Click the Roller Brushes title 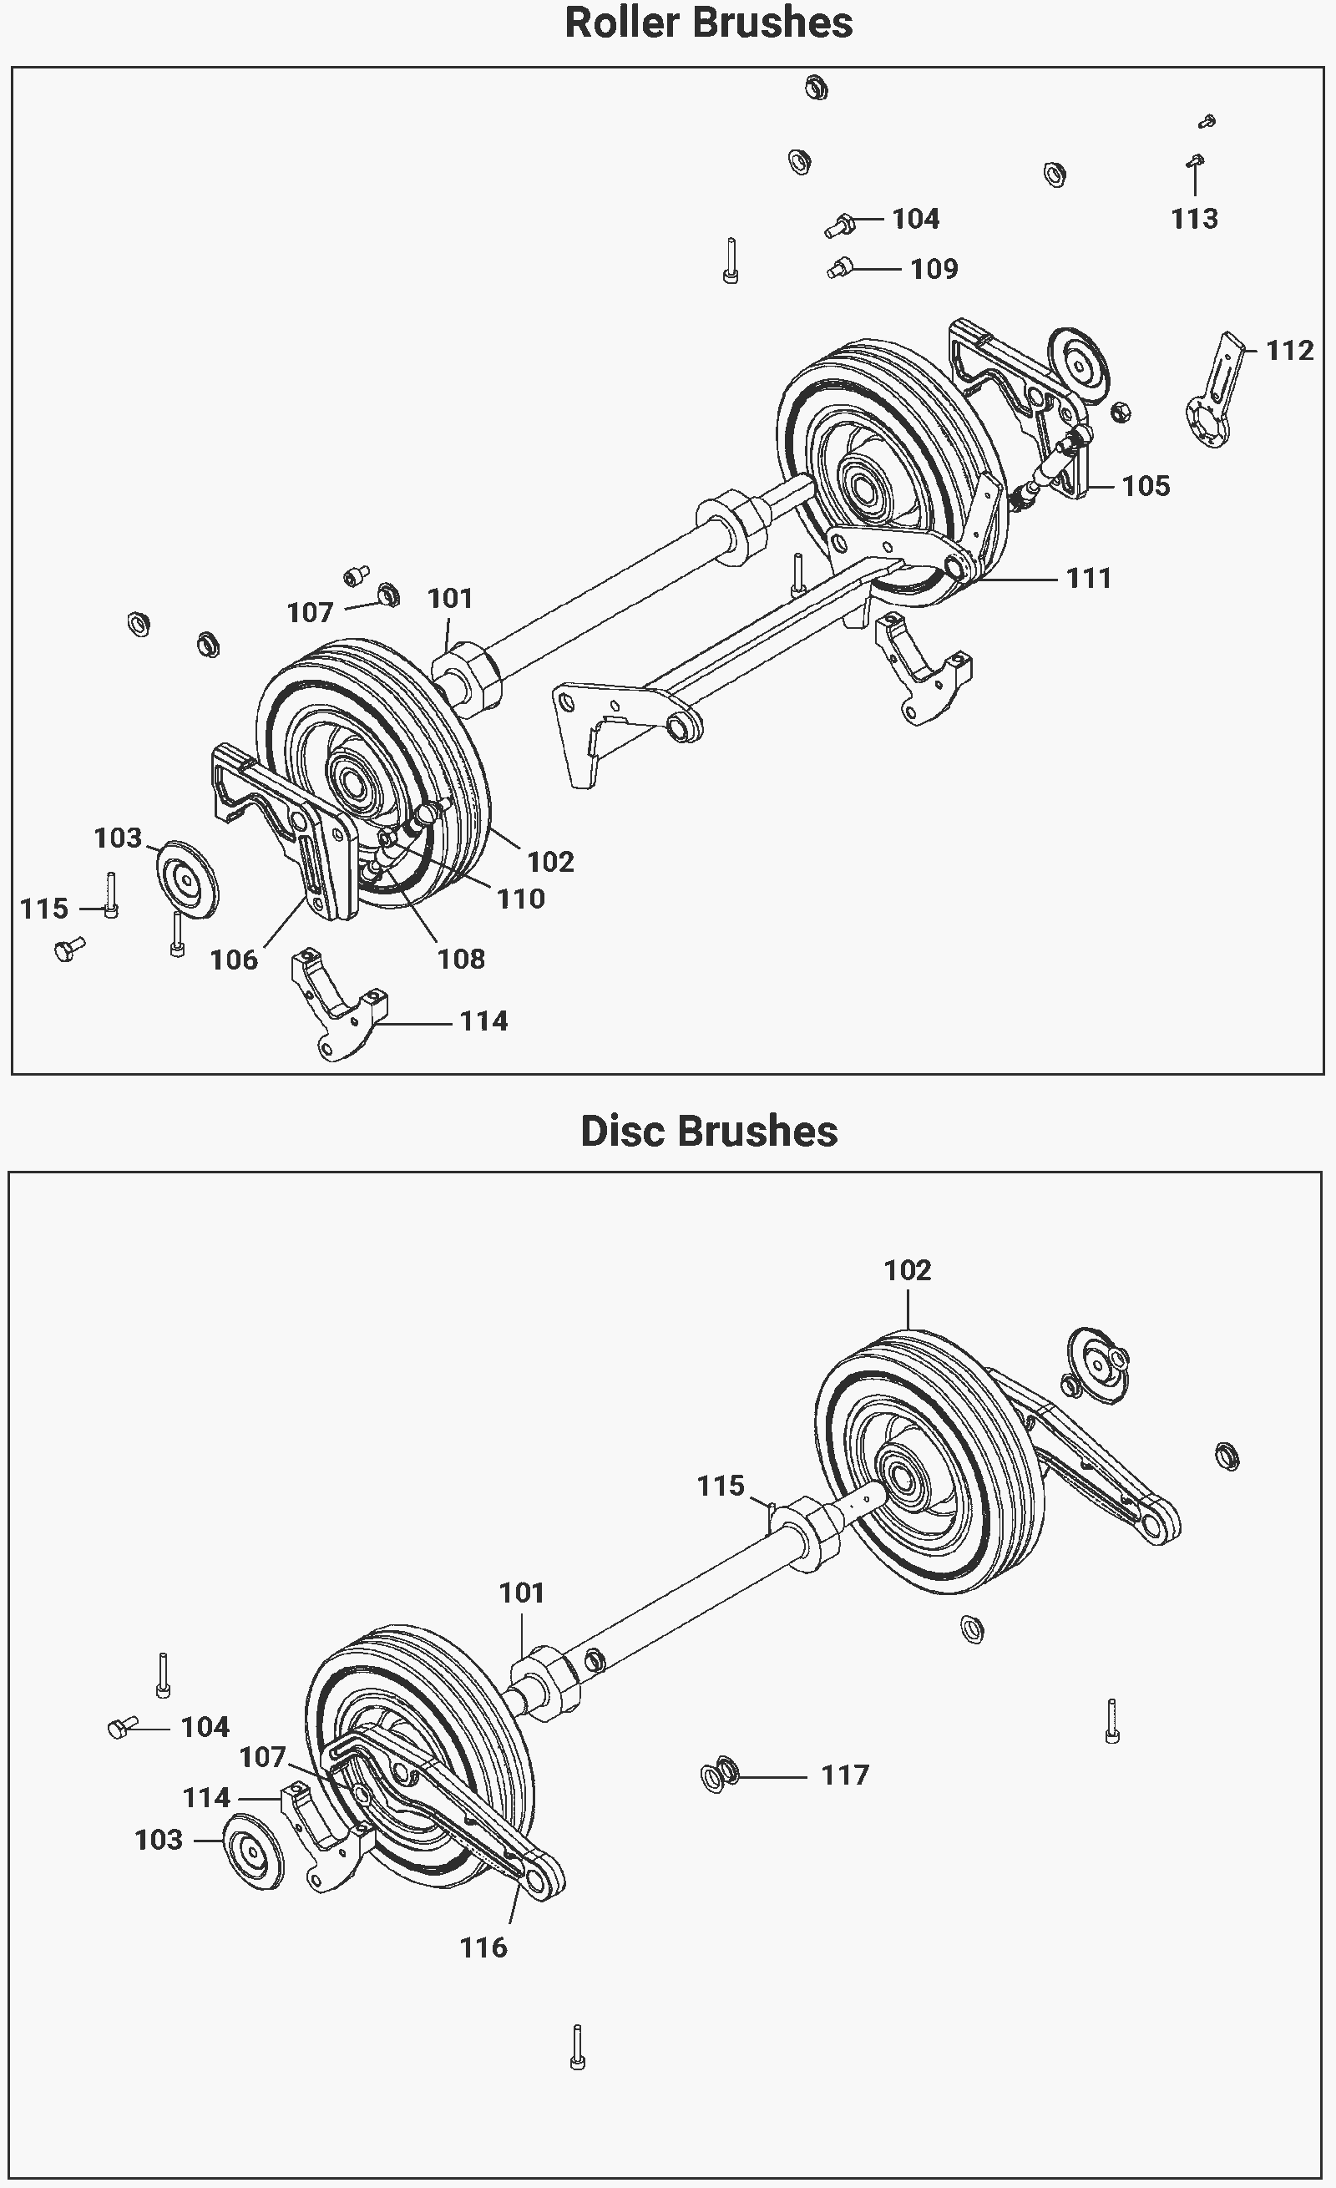coord(708,23)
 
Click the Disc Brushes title coord(708,1132)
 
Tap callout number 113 coord(1194,219)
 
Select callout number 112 coord(1289,351)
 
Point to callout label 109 coord(934,269)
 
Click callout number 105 coord(1146,486)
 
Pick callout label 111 coord(1088,579)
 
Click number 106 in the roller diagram coord(234,960)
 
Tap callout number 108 coord(461,959)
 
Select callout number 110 coord(520,899)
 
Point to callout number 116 coord(483,1948)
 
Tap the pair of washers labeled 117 coord(720,1774)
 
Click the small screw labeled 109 coord(840,266)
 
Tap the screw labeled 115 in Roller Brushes coord(111,895)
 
